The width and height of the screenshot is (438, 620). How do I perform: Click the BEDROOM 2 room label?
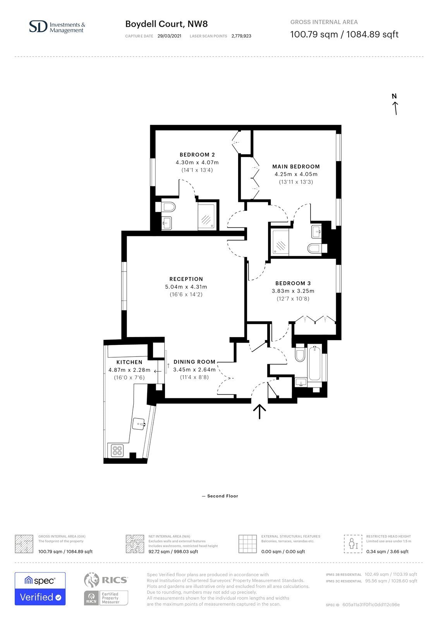point(197,155)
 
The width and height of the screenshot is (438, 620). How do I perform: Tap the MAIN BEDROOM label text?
point(296,167)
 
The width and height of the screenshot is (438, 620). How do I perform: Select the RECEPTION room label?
point(186,279)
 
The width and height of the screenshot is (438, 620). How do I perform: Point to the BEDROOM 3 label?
point(293,283)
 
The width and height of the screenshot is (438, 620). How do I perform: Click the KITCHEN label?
point(129,362)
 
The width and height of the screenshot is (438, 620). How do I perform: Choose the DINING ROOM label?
point(194,362)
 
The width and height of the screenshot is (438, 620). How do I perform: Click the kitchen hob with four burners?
point(117,451)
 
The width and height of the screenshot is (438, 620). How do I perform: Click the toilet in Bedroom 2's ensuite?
point(168,207)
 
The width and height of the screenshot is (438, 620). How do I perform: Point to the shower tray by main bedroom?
point(280,242)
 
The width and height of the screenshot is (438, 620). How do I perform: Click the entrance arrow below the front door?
point(259,412)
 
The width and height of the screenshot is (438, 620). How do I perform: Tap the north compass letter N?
point(394,96)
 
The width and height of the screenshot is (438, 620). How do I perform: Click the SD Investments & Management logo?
point(57,27)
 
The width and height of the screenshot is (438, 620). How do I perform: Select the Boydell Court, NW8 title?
point(166,24)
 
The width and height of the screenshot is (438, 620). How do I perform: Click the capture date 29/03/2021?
point(169,36)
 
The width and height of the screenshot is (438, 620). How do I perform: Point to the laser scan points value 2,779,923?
point(241,36)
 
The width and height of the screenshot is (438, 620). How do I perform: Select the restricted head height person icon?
point(353,544)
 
